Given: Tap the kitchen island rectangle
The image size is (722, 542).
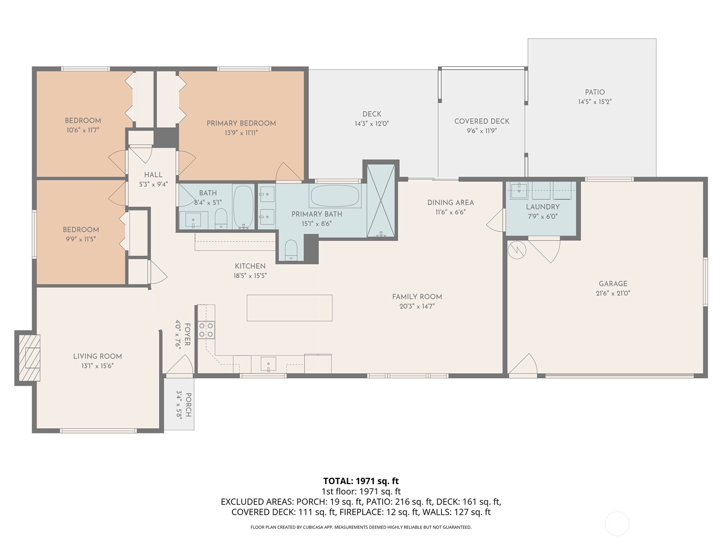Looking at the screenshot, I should pyautogui.click(x=289, y=308).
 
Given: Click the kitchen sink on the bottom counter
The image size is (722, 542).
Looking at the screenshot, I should pyautogui.click(x=268, y=364).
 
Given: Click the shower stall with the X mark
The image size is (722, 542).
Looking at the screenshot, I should pyautogui.click(x=380, y=201).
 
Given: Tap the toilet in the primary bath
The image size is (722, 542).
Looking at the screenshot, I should pyautogui.click(x=292, y=250).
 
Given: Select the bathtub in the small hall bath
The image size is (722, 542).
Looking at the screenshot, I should pyautogui.click(x=244, y=207).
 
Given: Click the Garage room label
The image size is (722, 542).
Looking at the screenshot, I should pyautogui.click(x=613, y=284).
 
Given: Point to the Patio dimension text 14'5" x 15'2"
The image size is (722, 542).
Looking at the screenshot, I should pyautogui.click(x=595, y=102).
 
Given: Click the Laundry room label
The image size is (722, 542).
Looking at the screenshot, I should pyautogui.click(x=542, y=207).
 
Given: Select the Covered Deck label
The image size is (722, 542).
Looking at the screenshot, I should pyautogui.click(x=481, y=121).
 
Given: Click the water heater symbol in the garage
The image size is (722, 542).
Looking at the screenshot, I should pyautogui.click(x=517, y=250).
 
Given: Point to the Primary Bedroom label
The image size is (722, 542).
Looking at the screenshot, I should pyautogui.click(x=241, y=123).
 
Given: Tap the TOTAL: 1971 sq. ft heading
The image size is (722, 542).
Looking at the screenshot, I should pyautogui.click(x=361, y=481).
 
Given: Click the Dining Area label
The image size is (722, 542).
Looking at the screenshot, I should pyautogui.click(x=450, y=202).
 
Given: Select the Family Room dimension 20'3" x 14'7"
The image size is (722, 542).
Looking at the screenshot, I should pyautogui.click(x=417, y=306).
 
